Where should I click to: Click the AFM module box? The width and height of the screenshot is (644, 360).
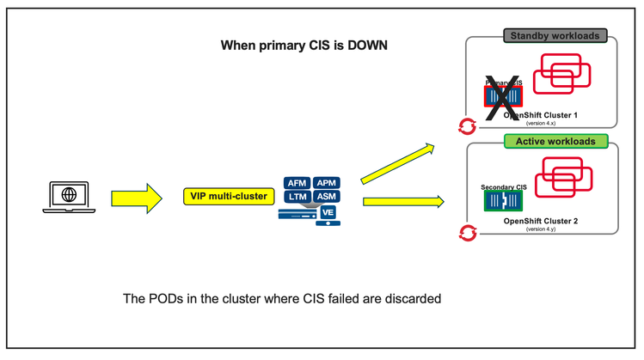click(297, 182)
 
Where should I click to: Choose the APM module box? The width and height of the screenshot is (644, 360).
click(326, 182)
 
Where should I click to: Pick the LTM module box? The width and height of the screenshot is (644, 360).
click(297, 198)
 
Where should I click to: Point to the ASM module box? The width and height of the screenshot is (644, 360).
click(326, 198)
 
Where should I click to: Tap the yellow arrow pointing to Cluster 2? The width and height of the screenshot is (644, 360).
click(402, 202)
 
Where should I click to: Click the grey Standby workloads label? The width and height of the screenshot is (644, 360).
click(556, 36)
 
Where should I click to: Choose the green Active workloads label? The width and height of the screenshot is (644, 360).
click(555, 140)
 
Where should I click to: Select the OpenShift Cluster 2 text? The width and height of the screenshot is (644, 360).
click(541, 221)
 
